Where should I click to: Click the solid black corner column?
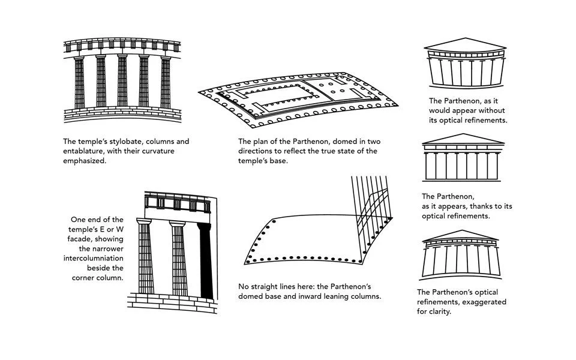click(206, 261)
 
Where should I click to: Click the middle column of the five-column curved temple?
click(122, 81)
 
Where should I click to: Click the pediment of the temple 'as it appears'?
click(463, 139)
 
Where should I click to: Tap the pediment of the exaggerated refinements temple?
click(461, 236)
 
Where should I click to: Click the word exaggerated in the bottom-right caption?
click(484, 302)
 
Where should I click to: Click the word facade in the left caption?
click(108, 239)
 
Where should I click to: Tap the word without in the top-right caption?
click(490, 110)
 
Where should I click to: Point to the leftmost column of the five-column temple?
click(79, 82)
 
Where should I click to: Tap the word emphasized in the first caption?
click(85, 161)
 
